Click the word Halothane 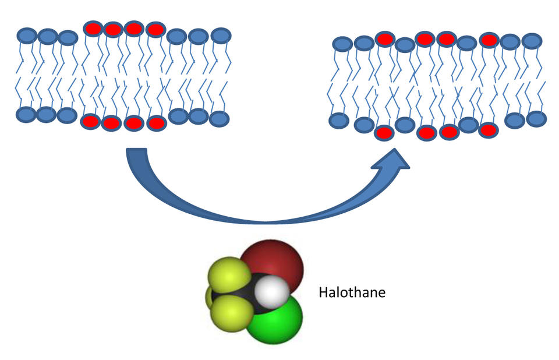pos(352,292)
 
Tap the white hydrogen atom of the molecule pos(272,291)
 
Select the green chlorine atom pos(276,319)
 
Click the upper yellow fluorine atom pos(229,275)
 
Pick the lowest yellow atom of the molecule pos(232,313)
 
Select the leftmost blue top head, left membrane pos(27,36)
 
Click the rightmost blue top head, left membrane pos(221,36)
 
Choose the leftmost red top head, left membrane pos(93,29)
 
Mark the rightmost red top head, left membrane pos(156,30)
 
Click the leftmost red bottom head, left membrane pos(91,122)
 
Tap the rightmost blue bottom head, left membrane pos(219,119)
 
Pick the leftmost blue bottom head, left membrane pos(26,115)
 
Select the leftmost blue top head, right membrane pos(342,44)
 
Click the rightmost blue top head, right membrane pos(532,41)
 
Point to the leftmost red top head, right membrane pos(385,39)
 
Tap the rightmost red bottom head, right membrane pos(489,130)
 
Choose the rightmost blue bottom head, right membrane pos(536,119)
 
